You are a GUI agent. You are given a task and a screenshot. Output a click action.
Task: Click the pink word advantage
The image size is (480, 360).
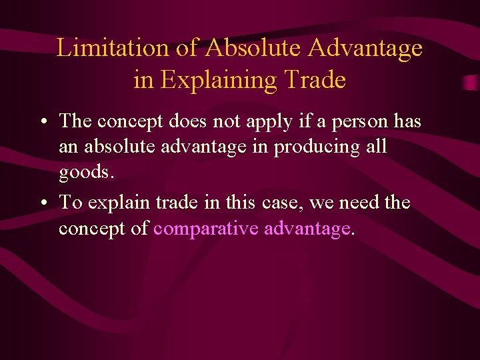[x=307, y=228]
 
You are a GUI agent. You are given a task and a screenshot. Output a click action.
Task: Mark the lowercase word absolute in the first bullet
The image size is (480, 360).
[x=125, y=147]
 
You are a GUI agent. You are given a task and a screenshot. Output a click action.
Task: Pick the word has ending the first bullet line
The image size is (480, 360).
[x=407, y=121]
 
